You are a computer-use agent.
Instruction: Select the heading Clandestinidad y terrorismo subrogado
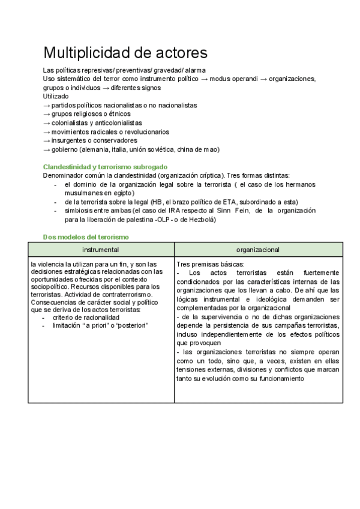[106, 166]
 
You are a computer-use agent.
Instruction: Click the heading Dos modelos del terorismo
[85, 237]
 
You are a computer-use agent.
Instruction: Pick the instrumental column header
[101, 249]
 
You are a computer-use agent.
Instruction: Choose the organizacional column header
[258, 249]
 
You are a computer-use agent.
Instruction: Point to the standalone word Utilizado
[56, 96]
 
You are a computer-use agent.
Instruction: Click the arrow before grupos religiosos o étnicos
[47, 114]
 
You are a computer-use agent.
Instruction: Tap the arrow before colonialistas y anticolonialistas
[47, 122]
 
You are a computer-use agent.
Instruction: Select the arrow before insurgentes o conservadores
[47, 140]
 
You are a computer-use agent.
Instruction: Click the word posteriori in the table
[134, 325]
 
